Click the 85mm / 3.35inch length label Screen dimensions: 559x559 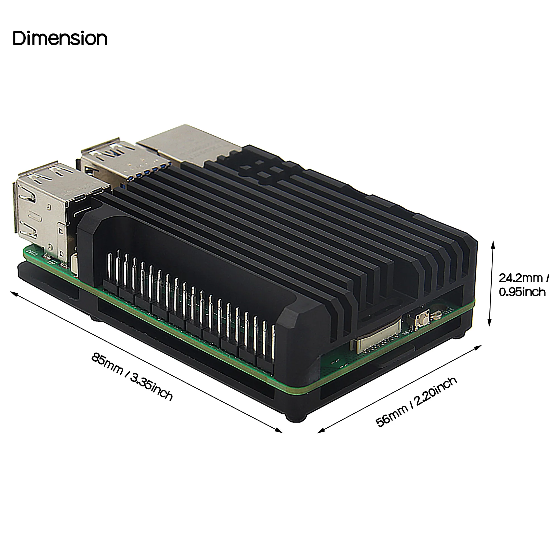(x=132, y=376)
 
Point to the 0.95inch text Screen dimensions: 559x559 (x=522, y=292)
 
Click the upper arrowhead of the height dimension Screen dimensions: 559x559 (x=493, y=244)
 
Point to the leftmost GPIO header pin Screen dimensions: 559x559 (x=110, y=268)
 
